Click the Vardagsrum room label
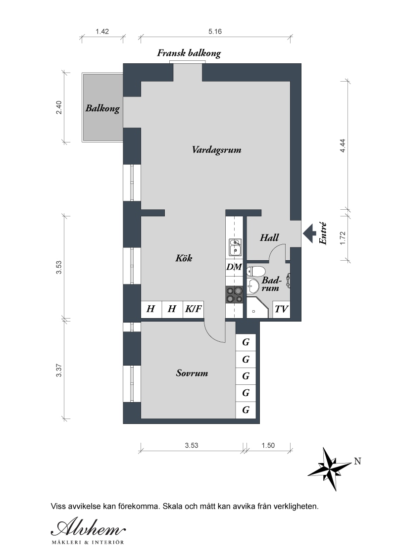click(216, 149)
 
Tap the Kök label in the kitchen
click(184, 258)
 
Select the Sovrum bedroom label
click(192, 373)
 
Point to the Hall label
click(269, 237)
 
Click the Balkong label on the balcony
click(102, 108)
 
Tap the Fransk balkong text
click(189, 53)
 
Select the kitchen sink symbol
click(235, 247)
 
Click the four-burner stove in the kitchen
click(235, 295)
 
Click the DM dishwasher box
click(235, 267)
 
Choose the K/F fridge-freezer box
click(194, 309)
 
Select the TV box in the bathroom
click(281, 309)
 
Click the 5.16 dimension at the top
click(215, 32)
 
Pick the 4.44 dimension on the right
click(343, 146)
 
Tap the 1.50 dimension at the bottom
click(268, 445)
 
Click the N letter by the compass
click(357, 462)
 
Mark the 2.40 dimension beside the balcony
click(59, 107)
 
